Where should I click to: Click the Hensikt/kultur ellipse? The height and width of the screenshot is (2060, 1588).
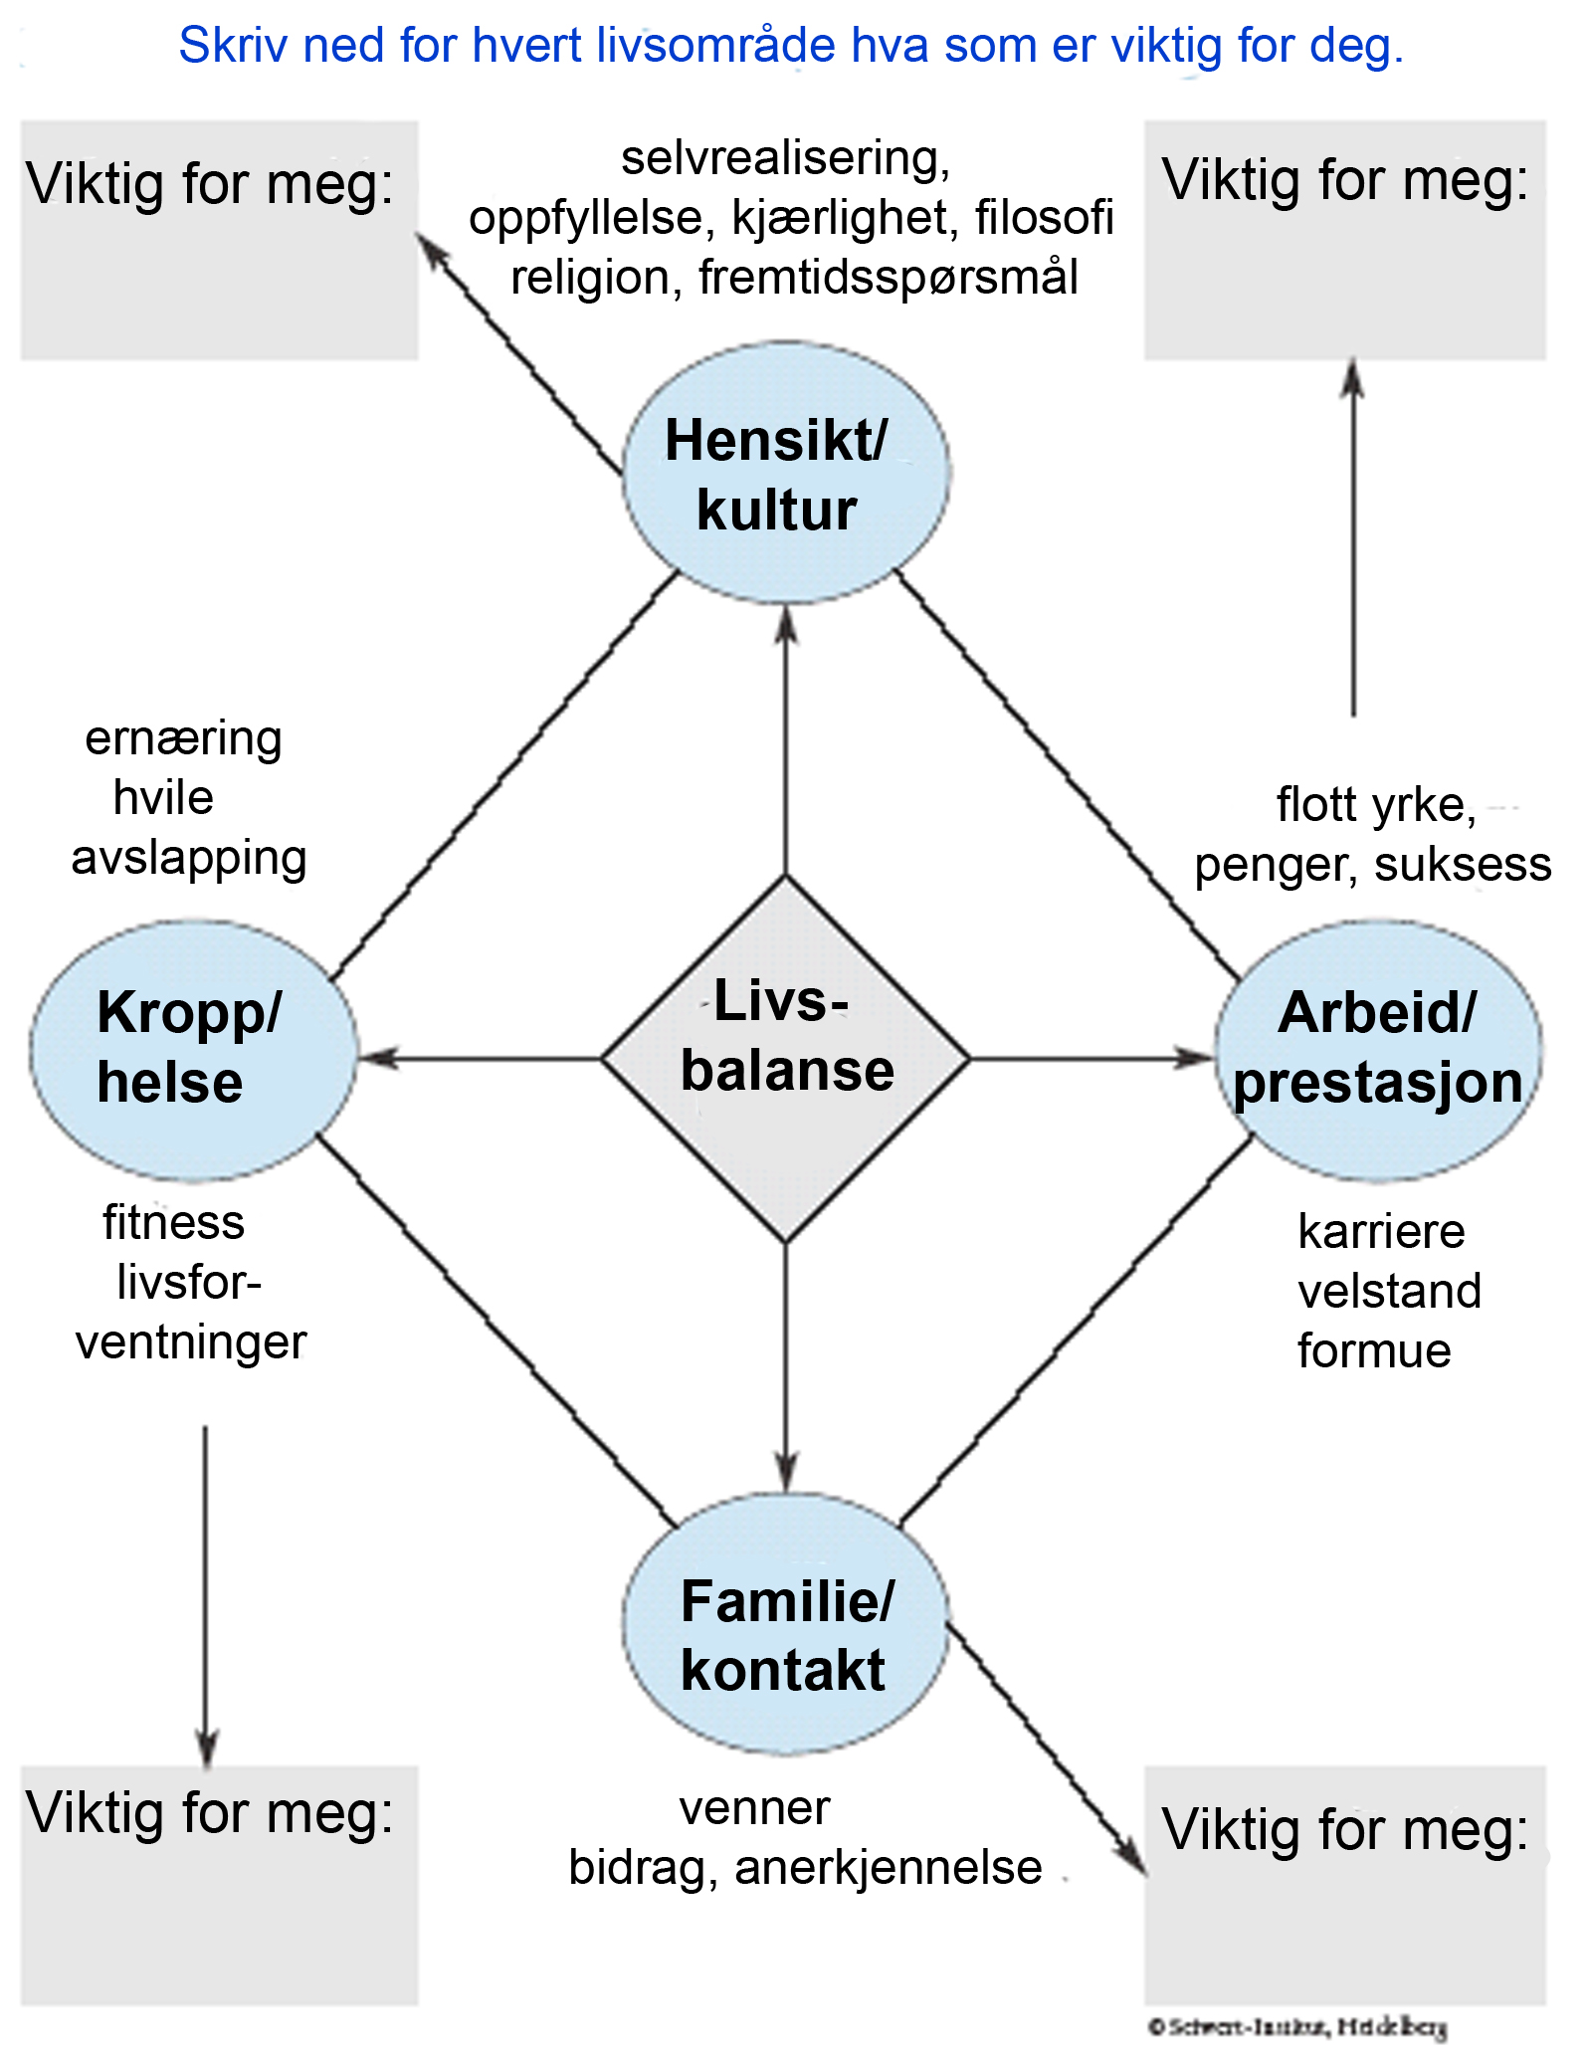(x=786, y=474)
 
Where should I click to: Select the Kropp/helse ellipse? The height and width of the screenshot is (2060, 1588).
(x=192, y=1049)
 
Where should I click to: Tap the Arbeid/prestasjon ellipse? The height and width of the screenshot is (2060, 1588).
(x=1379, y=1049)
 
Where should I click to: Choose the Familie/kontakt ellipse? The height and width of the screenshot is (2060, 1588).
(x=786, y=1636)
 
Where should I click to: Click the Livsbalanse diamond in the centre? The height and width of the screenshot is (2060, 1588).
(x=786, y=1059)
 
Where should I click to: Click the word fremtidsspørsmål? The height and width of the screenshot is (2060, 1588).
(x=888, y=278)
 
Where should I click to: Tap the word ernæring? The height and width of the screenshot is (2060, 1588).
(x=184, y=739)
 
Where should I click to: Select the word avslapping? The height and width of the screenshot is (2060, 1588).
(x=189, y=859)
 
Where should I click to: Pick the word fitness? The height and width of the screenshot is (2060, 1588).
(x=173, y=1223)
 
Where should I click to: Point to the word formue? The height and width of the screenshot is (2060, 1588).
(x=1374, y=1351)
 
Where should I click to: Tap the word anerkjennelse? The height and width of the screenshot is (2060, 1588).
(x=888, y=1869)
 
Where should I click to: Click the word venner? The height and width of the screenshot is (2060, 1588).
(x=754, y=1809)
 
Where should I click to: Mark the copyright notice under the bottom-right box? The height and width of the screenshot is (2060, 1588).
(x=1297, y=2026)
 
